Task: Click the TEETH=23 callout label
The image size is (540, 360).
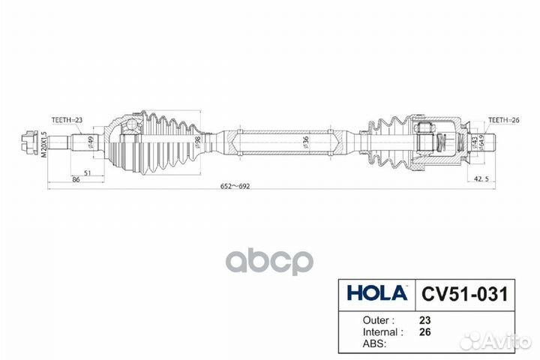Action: (x=67, y=119)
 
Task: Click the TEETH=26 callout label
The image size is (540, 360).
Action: (x=503, y=119)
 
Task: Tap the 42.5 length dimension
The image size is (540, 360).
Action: (x=484, y=178)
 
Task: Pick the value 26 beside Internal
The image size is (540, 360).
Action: (x=424, y=330)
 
